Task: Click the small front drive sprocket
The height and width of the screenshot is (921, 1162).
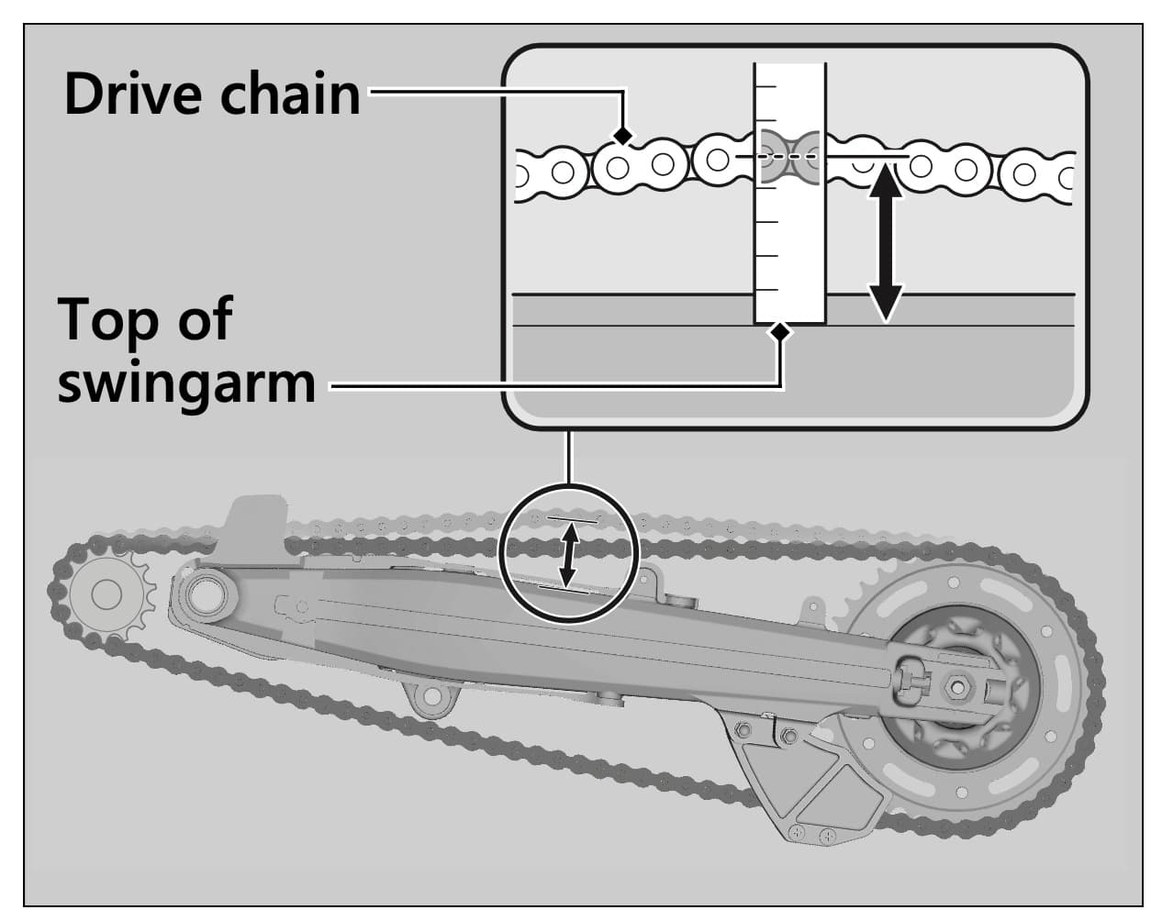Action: pos(106,595)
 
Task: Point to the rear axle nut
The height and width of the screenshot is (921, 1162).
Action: pos(955,684)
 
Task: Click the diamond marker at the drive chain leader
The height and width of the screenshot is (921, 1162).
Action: pos(623,136)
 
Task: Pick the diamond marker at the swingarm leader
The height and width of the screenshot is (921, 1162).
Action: pos(780,331)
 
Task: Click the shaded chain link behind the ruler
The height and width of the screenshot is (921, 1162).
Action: pos(789,157)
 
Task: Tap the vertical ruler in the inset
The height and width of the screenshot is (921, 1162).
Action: pos(789,239)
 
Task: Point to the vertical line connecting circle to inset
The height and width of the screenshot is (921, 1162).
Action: pos(569,456)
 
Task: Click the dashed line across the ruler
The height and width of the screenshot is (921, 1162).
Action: pos(789,157)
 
